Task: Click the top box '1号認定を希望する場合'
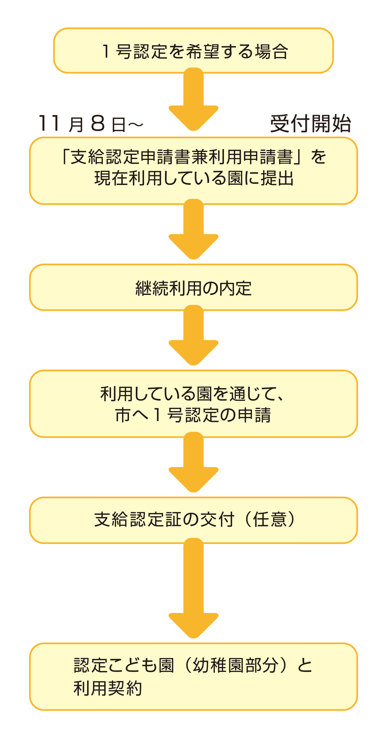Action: (x=193, y=51)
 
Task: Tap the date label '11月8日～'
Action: (x=91, y=123)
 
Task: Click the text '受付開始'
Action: (x=310, y=123)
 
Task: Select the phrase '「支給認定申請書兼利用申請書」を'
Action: (x=193, y=157)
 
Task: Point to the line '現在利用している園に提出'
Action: (x=193, y=178)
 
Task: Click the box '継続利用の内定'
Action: (x=193, y=288)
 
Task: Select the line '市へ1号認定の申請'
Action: (x=193, y=415)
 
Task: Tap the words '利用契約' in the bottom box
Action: (x=108, y=688)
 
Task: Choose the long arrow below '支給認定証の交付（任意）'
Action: (x=193, y=588)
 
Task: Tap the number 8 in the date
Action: (x=98, y=123)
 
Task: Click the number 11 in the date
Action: (x=49, y=123)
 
